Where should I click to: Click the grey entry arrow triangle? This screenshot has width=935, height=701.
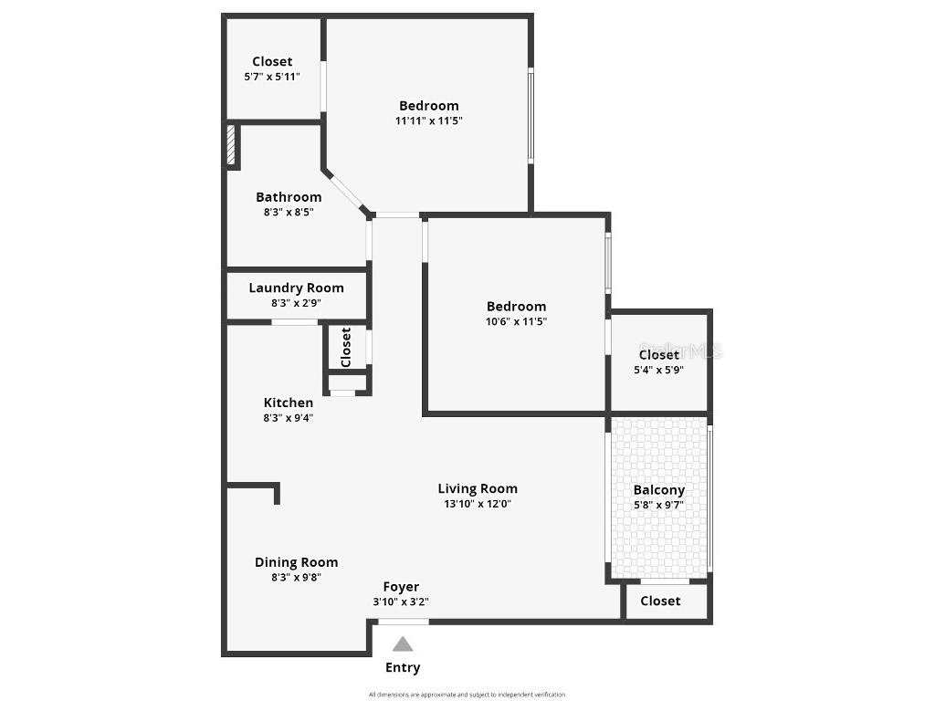403,643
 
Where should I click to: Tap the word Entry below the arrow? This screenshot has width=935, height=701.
403,667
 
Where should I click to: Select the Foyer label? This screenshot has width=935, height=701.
401,587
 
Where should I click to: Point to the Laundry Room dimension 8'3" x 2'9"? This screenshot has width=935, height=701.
297,303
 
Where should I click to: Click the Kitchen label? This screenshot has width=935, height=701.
289,403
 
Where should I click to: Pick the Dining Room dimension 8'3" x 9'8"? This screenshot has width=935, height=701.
297,577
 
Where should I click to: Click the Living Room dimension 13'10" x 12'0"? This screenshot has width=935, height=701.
478,504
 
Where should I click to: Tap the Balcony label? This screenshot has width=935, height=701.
659,490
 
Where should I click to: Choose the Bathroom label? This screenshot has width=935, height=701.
289,197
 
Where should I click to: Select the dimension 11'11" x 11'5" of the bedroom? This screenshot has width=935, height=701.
429,120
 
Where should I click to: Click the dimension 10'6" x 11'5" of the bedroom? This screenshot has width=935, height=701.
517,321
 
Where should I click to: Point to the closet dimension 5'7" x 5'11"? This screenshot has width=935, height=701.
272,77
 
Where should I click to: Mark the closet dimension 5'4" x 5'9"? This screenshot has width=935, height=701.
659,370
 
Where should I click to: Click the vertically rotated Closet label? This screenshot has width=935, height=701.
346,348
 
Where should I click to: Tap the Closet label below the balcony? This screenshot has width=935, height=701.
660,601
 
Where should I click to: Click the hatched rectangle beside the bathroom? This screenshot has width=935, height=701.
231,144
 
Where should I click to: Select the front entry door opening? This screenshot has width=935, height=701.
404,622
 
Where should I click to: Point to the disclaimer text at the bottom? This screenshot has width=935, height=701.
467,695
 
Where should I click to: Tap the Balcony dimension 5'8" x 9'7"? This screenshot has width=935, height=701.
659,505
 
